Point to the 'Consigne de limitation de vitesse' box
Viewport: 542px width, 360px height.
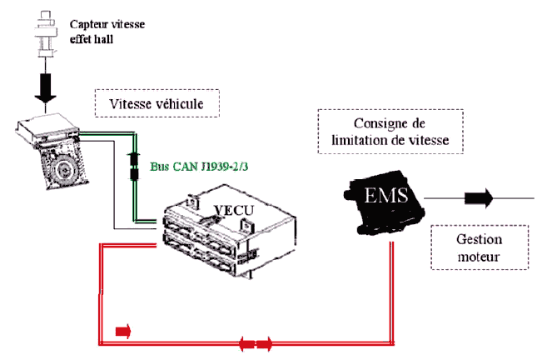390,132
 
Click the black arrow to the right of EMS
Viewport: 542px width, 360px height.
480,198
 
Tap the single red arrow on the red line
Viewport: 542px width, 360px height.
122,332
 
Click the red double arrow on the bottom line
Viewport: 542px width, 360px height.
256,342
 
